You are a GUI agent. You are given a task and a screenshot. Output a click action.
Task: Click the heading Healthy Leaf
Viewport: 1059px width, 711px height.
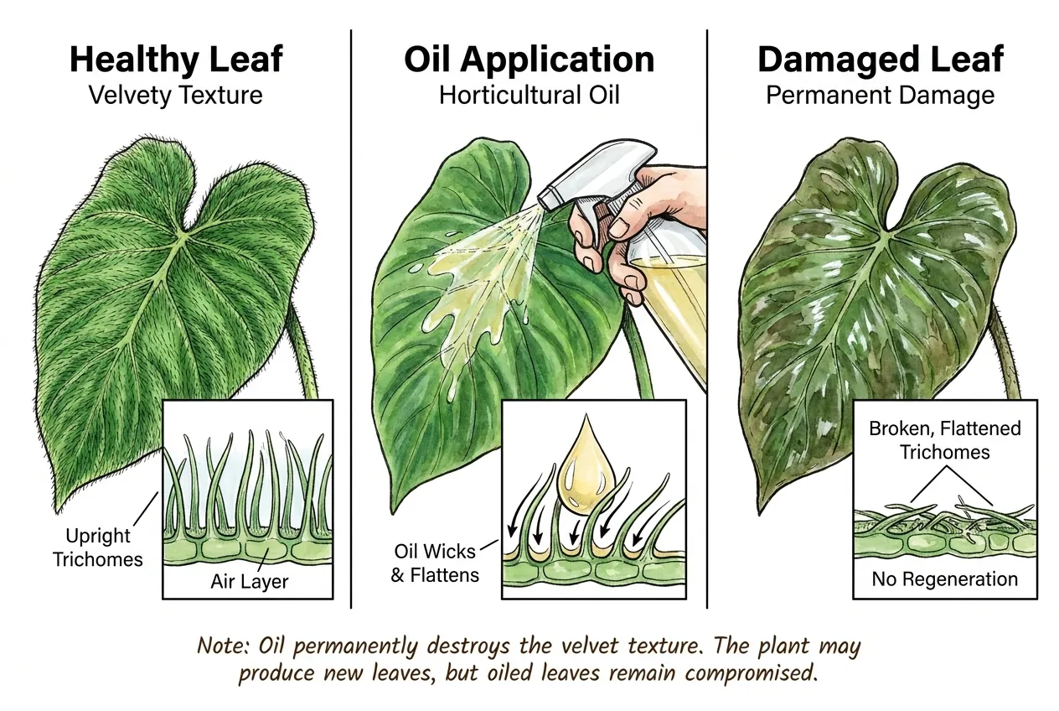pos(176,60)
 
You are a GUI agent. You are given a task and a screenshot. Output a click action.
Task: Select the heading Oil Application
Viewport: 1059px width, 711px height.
pos(529,60)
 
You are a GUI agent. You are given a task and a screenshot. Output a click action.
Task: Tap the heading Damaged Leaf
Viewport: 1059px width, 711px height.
pos(881,60)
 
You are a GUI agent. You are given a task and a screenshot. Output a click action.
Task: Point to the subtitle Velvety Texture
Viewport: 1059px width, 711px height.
pos(175,96)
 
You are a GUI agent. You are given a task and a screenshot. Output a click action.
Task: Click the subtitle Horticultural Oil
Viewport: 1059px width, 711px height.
pos(529,95)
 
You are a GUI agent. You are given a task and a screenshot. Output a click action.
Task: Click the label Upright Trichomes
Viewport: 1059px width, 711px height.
pos(97,548)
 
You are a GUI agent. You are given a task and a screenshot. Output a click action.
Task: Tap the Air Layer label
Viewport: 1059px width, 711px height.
pos(249,582)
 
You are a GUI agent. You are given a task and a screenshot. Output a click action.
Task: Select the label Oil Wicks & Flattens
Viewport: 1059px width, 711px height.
pos(435,563)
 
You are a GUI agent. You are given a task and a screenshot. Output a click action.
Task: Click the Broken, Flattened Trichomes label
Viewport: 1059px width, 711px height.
pos(944,440)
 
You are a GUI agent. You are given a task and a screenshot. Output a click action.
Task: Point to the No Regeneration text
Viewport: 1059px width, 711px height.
pos(944,579)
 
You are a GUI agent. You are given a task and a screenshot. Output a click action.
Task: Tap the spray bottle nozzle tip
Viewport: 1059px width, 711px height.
pos(543,199)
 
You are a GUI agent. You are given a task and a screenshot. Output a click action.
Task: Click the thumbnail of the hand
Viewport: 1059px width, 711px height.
pos(618,229)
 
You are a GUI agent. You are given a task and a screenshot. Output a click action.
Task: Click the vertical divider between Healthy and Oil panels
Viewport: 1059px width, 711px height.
pos(351,319)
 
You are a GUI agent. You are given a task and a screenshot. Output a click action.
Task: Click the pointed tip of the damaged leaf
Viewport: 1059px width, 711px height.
pos(760,514)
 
